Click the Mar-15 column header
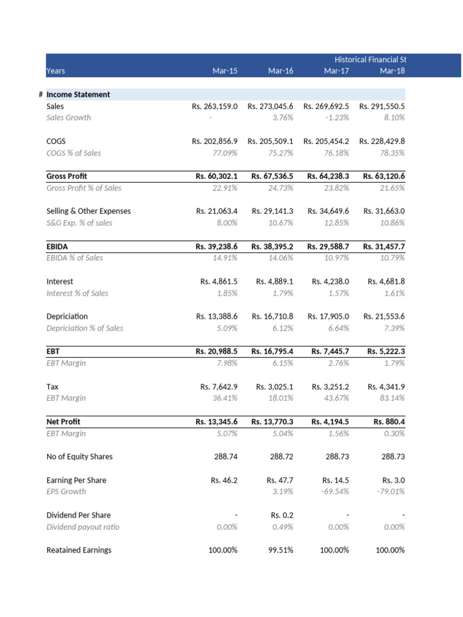pos(225,71)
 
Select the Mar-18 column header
pos(392,71)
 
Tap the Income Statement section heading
pos(78,95)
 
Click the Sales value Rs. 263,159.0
pos(215,106)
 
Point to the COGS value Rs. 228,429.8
pos(382,141)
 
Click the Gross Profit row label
pos(66,176)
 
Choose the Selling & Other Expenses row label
pos(88,211)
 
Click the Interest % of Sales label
pos(77,293)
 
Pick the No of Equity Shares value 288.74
pos(225,457)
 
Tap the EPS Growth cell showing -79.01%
pos(391,491)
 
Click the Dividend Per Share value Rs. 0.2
pos(280,515)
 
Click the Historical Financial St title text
pos(370,60)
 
